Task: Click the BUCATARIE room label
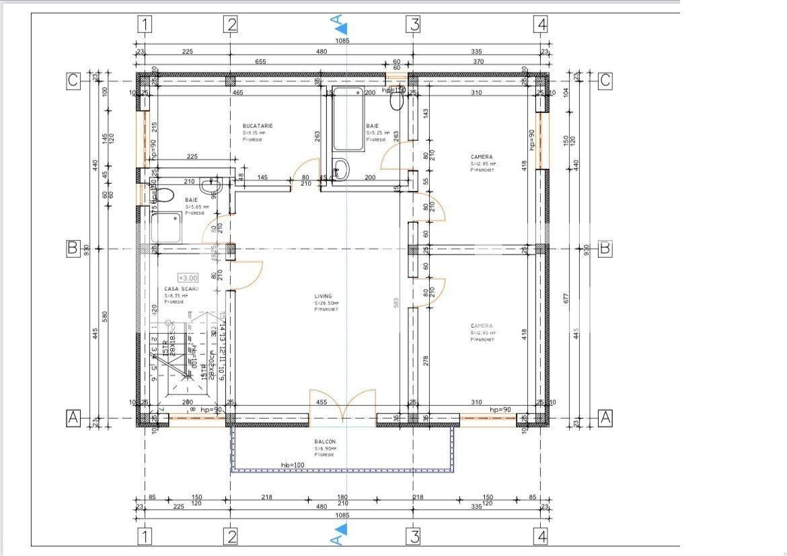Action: [258, 126]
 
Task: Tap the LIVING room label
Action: [323, 296]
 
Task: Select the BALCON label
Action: [324, 442]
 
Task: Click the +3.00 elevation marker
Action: [188, 277]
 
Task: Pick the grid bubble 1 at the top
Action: [145, 24]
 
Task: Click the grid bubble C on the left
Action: [73, 80]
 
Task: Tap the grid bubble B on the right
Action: [605, 248]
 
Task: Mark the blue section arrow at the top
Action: [342, 27]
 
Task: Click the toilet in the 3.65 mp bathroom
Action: [165, 195]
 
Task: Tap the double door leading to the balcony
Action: [342, 407]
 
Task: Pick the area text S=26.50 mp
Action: [326, 304]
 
